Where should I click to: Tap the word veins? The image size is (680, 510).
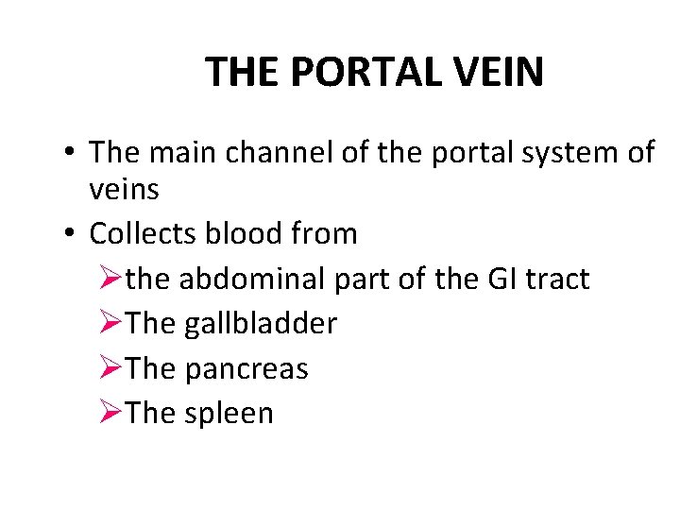pyautogui.click(x=124, y=190)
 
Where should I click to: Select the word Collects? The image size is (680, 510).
pyautogui.click(x=147, y=233)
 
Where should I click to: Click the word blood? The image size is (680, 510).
pyautogui.click(x=253, y=233)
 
